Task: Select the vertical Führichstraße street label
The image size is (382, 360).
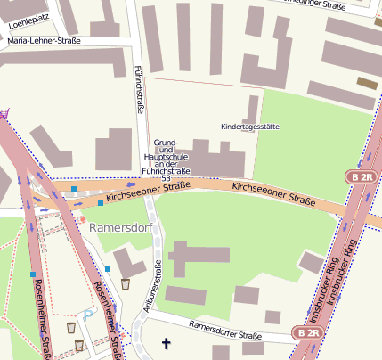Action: coord(139,88)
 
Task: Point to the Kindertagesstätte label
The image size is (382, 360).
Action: coord(249,127)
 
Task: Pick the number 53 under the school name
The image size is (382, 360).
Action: coord(166,179)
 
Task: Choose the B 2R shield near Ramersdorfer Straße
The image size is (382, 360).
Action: coord(308,332)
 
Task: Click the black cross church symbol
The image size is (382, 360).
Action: coord(164,342)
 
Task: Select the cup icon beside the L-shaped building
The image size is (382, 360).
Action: coord(126,284)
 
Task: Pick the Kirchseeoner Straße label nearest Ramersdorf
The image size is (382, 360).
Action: coord(137,190)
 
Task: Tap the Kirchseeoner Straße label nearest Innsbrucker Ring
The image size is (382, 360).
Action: coord(273,192)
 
